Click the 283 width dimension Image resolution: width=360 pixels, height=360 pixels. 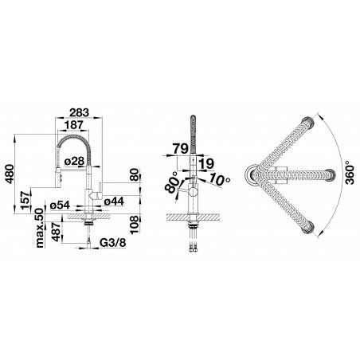click(x=79, y=112)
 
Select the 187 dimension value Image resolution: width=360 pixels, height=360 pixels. click(x=73, y=125)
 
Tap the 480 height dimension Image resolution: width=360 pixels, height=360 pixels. click(x=10, y=174)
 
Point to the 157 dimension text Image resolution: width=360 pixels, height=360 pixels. click(x=25, y=200)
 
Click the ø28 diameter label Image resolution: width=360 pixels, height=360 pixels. click(x=75, y=161)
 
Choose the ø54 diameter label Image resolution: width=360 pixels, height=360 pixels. click(x=60, y=205)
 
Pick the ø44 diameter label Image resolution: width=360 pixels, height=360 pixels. click(x=114, y=202)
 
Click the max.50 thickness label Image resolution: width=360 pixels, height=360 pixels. click(x=39, y=228)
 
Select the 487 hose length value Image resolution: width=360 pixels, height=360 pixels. click(x=57, y=232)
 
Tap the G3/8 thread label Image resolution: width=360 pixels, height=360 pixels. click(x=113, y=243)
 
